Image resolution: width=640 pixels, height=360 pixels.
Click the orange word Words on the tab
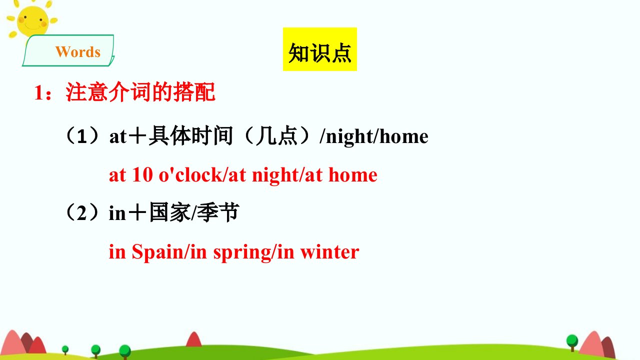(78, 52)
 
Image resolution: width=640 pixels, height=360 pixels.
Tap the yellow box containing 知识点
(319, 49)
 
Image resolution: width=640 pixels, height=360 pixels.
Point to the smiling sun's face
(32, 21)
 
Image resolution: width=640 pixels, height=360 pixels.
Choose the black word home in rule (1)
(403, 136)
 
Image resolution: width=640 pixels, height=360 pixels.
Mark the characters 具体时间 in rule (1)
(190, 135)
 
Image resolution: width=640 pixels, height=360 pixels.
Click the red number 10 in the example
(142, 175)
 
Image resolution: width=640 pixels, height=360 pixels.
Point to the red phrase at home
(341, 175)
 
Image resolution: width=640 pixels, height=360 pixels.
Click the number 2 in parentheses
(81, 213)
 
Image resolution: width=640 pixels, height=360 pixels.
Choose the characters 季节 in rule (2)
(218, 212)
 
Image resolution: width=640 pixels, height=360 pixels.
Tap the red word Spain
(157, 252)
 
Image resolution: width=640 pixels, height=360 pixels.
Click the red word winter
(329, 252)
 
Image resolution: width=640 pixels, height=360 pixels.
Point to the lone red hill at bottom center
(193, 340)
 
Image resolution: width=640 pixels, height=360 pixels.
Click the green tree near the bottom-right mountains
(572, 342)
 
